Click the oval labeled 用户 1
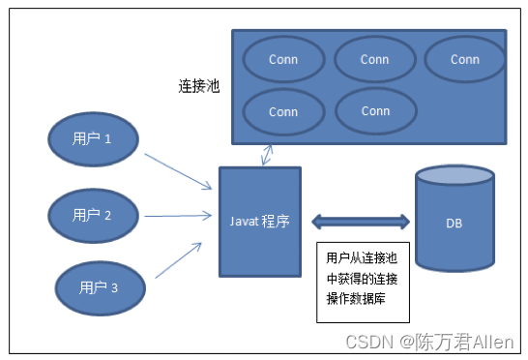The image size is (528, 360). [x=92, y=138]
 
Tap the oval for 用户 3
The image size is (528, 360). [x=101, y=286]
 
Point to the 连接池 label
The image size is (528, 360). [x=200, y=86]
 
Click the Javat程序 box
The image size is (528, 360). [x=259, y=221]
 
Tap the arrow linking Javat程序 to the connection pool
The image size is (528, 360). [x=267, y=153]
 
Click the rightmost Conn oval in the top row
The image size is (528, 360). [x=465, y=60]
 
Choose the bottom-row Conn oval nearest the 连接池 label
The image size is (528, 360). [x=283, y=112]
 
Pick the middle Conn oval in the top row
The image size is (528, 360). [x=374, y=60]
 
